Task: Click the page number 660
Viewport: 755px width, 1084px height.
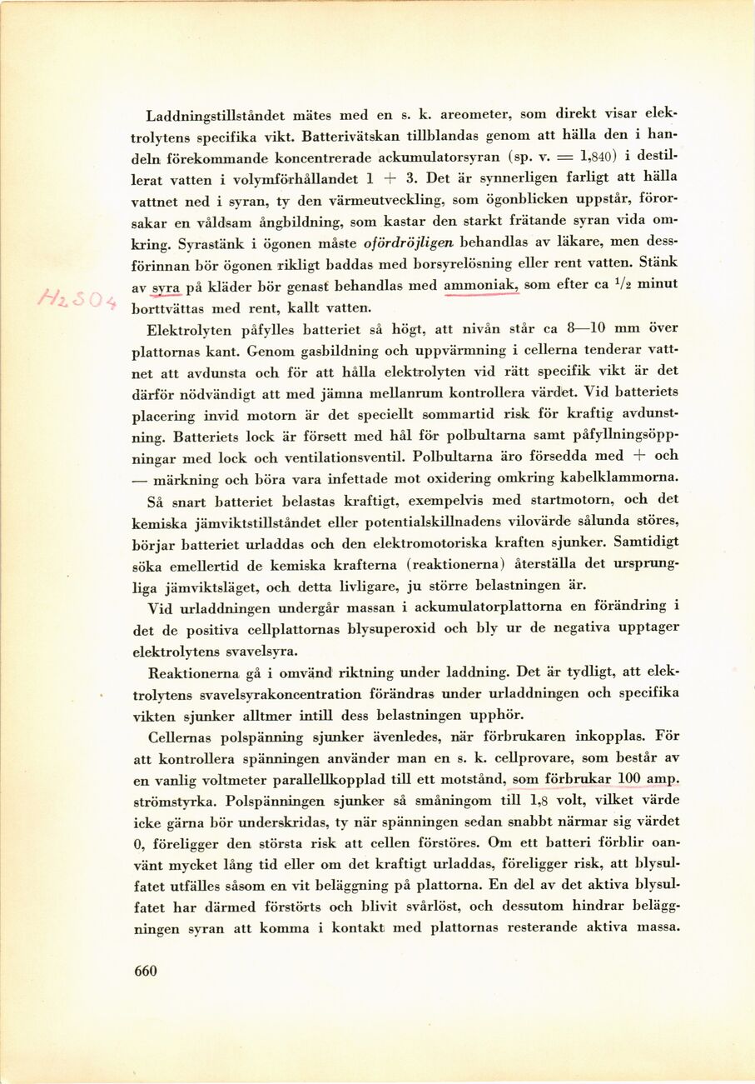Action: pyautogui.click(x=145, y=970)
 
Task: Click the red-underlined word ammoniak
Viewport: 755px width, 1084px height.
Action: pyautogui.click(x=481, y=285)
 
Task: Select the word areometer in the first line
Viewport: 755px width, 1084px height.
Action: pyautogui.click(x=480, y=113)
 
